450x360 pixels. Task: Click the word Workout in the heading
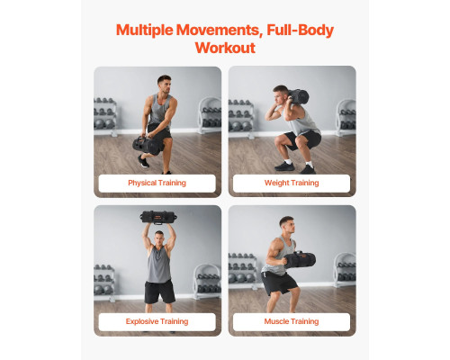[225, 48]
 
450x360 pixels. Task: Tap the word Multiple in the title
[145, 31]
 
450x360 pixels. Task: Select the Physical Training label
[157, 183]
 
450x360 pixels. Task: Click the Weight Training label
[292, 183]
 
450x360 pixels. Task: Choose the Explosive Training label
[157, 321]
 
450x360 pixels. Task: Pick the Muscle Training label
[292, 321]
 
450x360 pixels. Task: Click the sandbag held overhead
[158, 217]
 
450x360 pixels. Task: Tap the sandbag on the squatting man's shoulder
[298, 96]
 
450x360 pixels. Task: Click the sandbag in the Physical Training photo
[147, 145]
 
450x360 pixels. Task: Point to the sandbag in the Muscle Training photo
[300, 259]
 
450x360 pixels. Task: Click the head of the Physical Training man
[165, 84]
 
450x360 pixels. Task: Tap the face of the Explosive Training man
[159, 238]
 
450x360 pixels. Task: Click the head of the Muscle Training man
[287, 225]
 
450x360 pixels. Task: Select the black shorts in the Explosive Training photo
[159, 292]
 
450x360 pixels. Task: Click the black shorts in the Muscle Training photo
[279, 283]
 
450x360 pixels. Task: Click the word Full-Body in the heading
[300, 31]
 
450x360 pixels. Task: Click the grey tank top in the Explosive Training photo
[159, 265]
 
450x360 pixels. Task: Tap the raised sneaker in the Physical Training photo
[143, 161]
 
